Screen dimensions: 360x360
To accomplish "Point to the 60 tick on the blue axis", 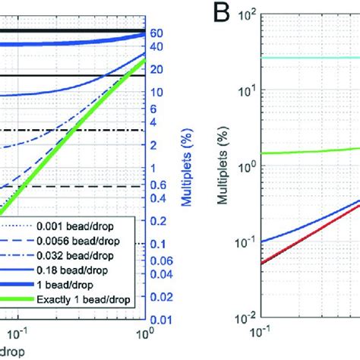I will tap(157, 33).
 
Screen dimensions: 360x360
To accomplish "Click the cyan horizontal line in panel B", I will tap(304, 58).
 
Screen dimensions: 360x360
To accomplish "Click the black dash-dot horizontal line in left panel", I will tap(76, 130).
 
